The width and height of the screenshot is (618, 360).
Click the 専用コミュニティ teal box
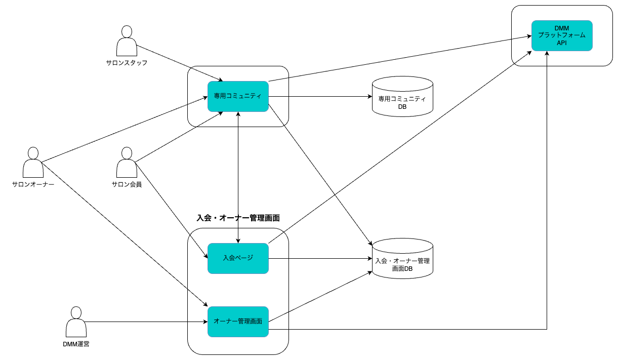[238, 96]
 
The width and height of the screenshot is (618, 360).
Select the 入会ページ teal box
[238, 258]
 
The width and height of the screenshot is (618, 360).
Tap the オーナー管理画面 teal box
[238, 322]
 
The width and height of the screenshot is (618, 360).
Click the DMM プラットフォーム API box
[562, 35]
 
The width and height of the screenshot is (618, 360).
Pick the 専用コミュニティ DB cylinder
[402, 96]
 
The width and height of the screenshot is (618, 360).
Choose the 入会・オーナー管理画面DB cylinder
[402, 258]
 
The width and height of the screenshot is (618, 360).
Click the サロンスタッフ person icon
[127, 41]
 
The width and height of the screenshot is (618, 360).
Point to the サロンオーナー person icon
[33, 162]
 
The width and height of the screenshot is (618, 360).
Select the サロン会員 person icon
[127, 162]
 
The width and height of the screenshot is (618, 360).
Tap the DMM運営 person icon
[76, 322]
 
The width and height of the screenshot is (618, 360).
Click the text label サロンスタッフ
[127, 63]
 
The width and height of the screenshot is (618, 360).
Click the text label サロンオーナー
[33, 184]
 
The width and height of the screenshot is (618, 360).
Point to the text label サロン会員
[127, 184]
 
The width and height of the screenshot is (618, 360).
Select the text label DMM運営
[76, 344]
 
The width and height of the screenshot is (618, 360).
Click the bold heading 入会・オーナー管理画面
[238, 218]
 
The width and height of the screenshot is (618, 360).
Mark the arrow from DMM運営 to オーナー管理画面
[146, 322]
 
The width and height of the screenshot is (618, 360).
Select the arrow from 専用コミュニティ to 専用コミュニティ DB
[320, 96]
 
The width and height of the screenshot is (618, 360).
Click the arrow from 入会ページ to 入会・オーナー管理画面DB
[320, 258]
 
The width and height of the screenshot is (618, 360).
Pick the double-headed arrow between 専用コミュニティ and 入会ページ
[238, 177]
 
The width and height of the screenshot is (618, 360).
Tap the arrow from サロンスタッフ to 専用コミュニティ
[179, 63]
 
